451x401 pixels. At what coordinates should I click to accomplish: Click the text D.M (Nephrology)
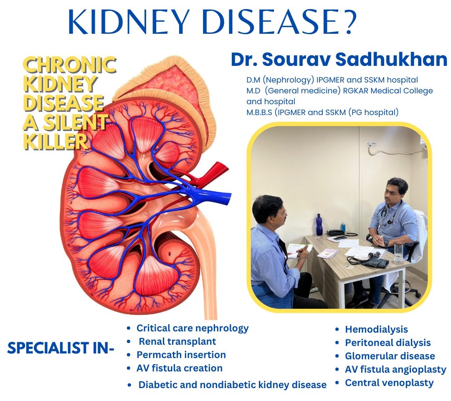[x=273, y=79]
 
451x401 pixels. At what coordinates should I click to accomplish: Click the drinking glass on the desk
[x=398, y=252]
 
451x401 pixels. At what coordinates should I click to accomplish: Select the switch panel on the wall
[x=372, y=144]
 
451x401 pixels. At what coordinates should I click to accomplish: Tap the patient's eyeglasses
[x=283, y=213]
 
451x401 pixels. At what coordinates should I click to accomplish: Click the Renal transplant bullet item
[x=177, y=341]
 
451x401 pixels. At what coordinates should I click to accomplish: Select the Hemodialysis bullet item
[x=376, y=329]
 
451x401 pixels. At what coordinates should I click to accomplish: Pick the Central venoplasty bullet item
[x=389, y=383]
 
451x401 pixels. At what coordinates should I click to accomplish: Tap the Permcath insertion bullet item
[x=181, y=355]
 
